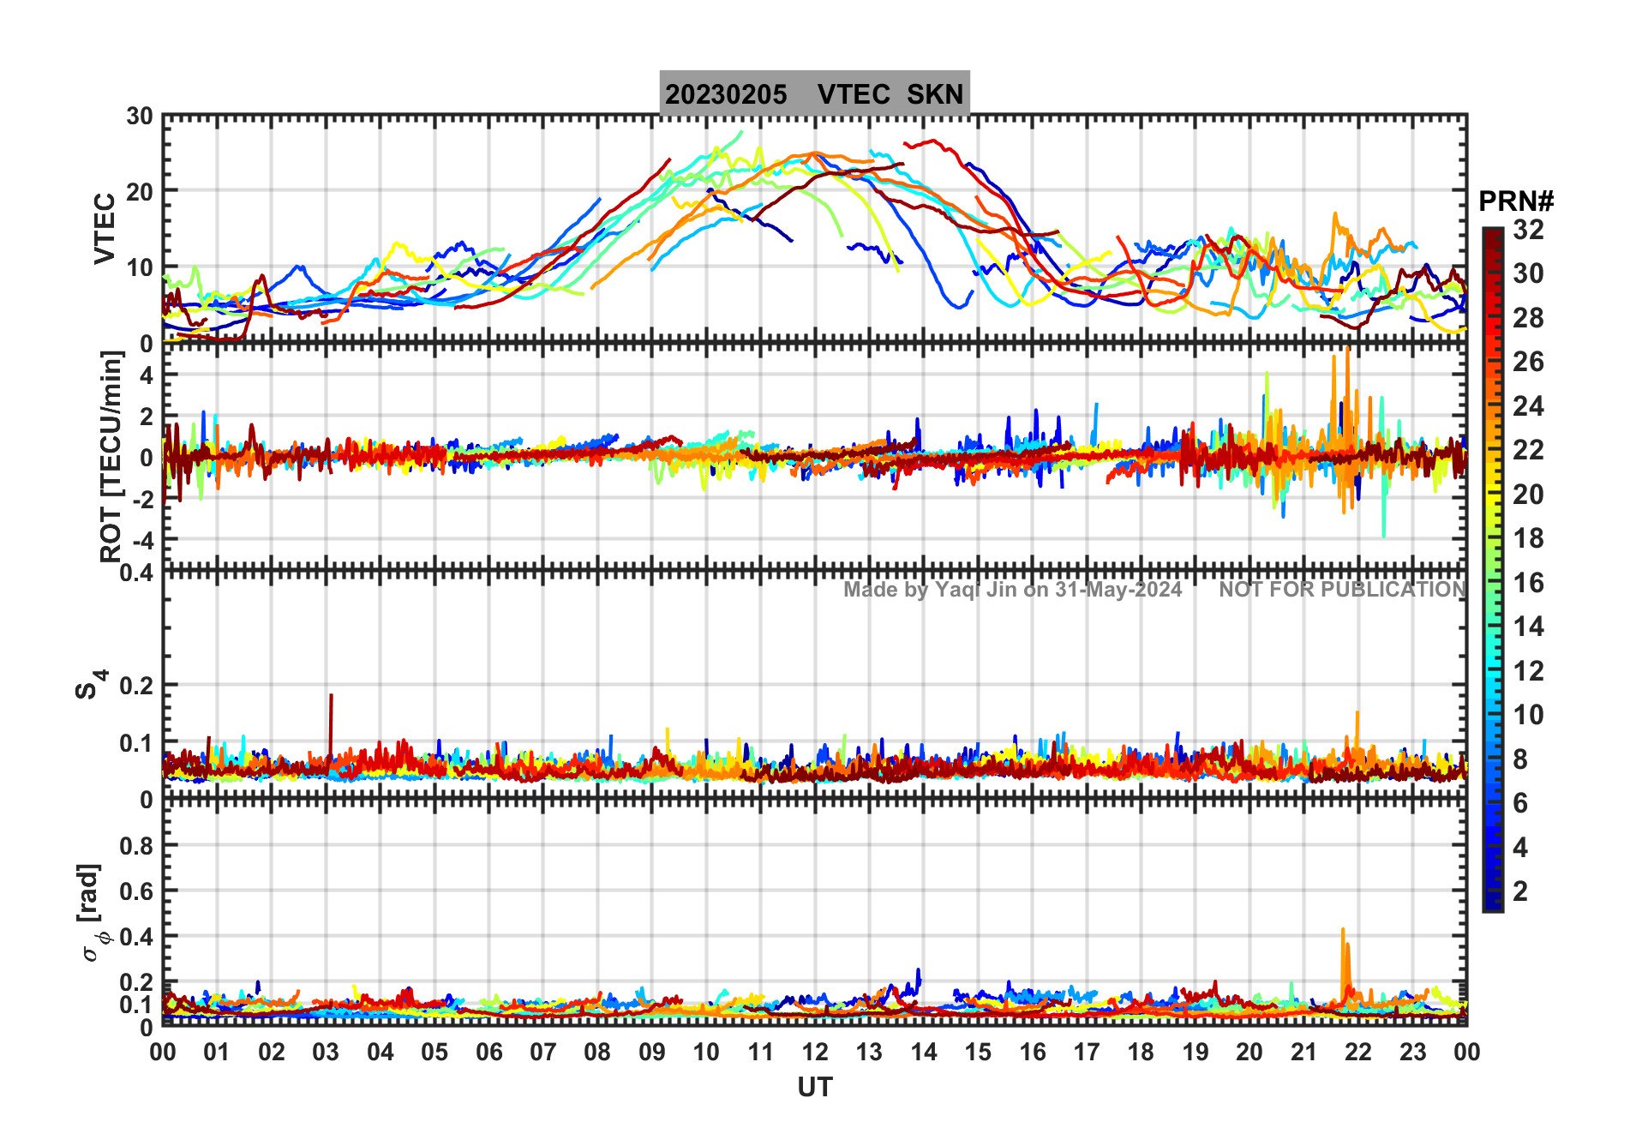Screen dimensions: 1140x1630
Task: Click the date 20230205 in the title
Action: click(x=726, y=94)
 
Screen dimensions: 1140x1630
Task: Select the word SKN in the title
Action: click(x=935, y=94)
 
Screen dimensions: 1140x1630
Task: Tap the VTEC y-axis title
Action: click(x=105, y=228)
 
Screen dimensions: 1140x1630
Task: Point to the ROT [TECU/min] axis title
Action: click(x=111, y=456)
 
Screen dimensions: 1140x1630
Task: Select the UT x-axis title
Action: click(x=814, y=1087)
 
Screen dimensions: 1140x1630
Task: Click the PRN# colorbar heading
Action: click(x=1515, y=201)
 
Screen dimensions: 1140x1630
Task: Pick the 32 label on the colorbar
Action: click(x=1528, y=230)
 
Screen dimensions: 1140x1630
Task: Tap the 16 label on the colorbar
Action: click(x=1528, y=583)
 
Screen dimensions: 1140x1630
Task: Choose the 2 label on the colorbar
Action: click(x=1520, y=891)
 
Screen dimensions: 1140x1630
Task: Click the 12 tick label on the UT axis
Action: click(x=815, y=1052)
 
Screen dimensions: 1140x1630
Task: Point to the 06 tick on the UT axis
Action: click(x=489, y=1052)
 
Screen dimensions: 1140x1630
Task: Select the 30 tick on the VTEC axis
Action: click(x=140, y=117)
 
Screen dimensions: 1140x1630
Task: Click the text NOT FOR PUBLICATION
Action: click(x=1342, y=590)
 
